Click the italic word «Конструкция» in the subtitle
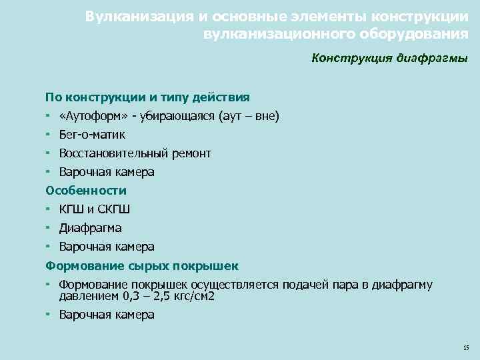349,58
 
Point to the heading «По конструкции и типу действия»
147,97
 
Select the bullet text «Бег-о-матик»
92,135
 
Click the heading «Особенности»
86,191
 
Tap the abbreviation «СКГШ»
114,209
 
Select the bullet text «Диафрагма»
90,228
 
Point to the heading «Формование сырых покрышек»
142,266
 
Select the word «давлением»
89,296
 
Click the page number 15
465,347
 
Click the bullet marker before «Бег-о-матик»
49,135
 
